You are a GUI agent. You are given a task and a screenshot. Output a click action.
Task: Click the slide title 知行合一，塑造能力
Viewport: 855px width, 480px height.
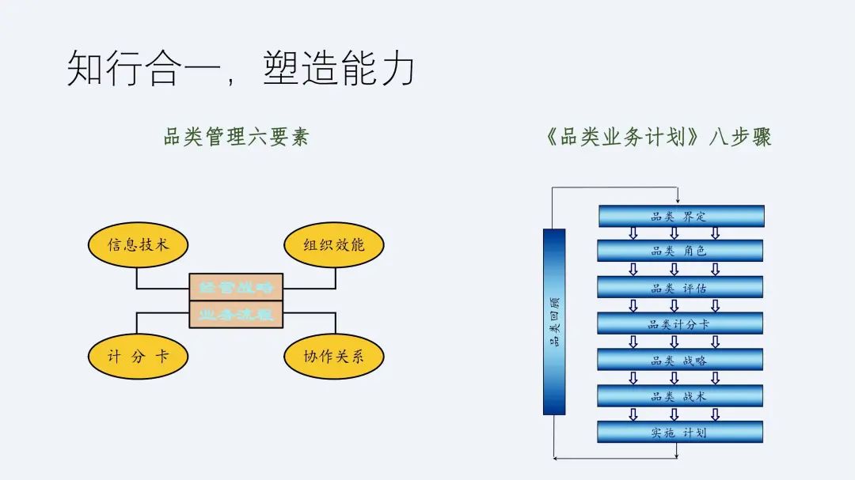pos(241,68)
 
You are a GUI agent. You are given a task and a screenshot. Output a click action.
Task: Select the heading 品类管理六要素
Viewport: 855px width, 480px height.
pos(236,137)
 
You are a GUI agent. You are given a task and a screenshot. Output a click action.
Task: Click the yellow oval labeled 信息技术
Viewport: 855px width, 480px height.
pos(139,244)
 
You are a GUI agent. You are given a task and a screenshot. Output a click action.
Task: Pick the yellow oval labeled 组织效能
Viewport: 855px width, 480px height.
pos(333,244)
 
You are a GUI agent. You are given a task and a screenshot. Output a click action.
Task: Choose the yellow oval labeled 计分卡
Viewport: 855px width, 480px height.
pos(139,356)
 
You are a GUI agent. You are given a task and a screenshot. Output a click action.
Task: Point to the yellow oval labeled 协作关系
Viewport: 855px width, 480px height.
pos(333,356)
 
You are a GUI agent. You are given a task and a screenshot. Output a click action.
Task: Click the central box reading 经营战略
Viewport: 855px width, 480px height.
pos(236,287)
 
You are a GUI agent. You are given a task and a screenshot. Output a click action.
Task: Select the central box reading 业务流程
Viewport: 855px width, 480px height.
pos(236,314)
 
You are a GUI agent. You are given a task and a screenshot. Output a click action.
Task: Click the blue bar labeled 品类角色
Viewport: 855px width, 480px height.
pos(681,251)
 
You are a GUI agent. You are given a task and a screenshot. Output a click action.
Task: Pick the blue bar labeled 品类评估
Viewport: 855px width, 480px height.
pos(681,287)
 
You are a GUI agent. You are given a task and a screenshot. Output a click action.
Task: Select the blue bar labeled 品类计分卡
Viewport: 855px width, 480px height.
pos(681,323)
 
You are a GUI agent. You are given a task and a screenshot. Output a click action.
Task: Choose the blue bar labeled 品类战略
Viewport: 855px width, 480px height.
pos(681,360)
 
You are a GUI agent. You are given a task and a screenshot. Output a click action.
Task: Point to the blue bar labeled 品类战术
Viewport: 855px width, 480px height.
pos(681,395)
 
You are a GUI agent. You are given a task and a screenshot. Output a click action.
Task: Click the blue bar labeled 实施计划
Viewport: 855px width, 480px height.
pos(681,432)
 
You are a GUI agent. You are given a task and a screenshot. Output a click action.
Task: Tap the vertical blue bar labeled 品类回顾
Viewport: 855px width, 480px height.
pos(554,321)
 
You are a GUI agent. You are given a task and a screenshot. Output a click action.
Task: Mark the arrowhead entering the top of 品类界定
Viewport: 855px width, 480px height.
pos(678,202)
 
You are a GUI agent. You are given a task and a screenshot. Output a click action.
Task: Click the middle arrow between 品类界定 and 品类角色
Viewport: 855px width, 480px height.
pos(674,233)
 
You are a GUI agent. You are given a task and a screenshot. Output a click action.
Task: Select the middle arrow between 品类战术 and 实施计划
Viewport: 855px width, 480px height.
pos(674,414)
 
